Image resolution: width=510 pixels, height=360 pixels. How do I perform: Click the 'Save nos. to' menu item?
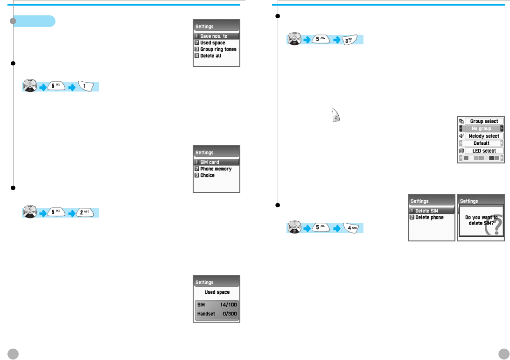[x=214, y=36]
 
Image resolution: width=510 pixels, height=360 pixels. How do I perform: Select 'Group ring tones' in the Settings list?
[x=218, y=49]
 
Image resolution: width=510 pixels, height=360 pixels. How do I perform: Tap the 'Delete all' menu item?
[x=210, y=56]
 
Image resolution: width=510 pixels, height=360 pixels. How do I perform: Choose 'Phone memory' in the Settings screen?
[x=216, y=169]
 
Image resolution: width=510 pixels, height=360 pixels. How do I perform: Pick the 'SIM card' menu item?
[x=210, y=162]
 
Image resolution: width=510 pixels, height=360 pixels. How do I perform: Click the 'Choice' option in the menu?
[x=207, y=175]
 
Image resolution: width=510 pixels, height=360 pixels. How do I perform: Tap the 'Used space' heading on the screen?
[x=217, y=292]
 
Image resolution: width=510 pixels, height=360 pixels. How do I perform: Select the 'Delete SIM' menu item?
[x=426, y=211]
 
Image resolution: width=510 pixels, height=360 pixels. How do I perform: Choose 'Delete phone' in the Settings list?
[x=429, y=218]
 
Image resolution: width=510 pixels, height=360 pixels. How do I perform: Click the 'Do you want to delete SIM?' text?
[x=481, y=220]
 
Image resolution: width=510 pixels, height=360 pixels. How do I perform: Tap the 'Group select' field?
[x=484, y=121]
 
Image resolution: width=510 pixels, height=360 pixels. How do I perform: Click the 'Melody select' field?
[x=484, y=136]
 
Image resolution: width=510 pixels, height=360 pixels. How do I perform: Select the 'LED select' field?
[x=484, y=151]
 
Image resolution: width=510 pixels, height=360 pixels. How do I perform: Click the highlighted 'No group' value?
[x=481, y=128]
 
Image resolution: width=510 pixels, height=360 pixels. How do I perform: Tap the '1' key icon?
[x=87, y=86]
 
